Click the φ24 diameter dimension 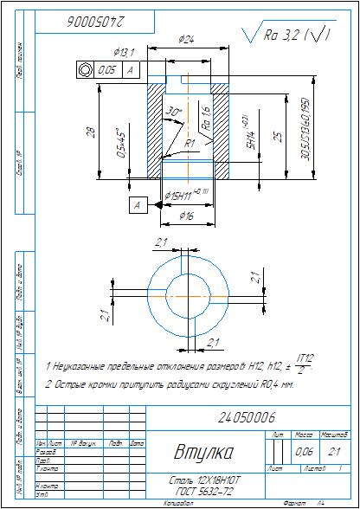point(185,39)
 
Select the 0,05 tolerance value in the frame point(106,70)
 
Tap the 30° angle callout point(177,113)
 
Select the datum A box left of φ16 point(137,205)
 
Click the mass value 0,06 point(305,452)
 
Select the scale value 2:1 point(333,452)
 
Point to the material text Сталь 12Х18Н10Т point(200,479)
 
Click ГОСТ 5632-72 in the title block point(200,490)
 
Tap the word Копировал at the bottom point(178,502)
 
